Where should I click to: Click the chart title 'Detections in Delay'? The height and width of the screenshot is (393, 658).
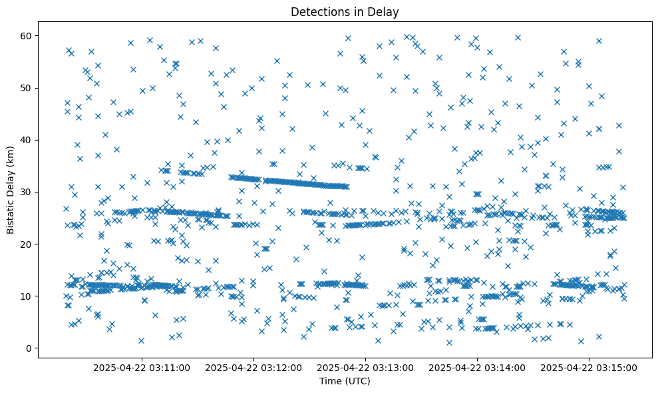click(345, 11)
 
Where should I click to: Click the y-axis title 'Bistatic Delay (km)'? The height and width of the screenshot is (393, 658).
click(11, 191)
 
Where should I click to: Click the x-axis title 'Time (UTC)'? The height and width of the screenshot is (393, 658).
click(345, 381)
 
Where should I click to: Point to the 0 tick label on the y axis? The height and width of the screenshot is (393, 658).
click(29, 348)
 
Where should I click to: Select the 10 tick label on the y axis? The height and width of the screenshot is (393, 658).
click(27, 296)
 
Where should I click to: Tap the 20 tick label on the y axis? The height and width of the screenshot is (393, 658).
click(27, 244)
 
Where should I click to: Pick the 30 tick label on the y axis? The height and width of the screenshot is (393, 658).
click(27, 192)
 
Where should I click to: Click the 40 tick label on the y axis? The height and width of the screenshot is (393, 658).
click(27, 140)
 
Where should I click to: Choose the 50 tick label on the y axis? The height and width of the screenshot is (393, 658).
click(27, 88)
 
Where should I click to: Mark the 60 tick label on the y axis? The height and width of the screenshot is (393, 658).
click(27, 35)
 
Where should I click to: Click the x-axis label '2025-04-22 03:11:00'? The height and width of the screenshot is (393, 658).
click(142, 367)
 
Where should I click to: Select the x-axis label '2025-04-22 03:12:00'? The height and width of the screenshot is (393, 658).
click(254, 367)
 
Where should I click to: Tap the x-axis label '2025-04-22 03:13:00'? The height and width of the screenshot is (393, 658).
click(366, 367)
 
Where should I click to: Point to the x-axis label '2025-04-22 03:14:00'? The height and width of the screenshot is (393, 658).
click(478, 367)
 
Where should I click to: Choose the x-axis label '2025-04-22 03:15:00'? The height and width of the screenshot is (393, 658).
click(589, 367)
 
